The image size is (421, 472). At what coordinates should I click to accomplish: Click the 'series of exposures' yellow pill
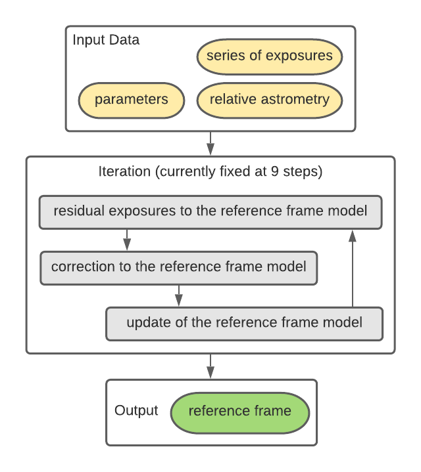click(269, 56)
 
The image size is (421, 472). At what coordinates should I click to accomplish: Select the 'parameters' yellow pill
click(131, 100)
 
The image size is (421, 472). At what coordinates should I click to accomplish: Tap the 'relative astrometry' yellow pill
click(269, 100)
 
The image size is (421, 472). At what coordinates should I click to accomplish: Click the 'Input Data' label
click(106, 39)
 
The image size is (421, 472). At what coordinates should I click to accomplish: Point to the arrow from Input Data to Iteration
click(210, 142)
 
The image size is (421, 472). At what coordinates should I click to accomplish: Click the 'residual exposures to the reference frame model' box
click(210, 211)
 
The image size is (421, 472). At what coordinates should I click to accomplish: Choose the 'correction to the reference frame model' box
click(178, 267)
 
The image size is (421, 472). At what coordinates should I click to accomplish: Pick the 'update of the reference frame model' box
click(244, 323)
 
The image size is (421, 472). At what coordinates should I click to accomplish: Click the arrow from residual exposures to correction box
click(127, 239)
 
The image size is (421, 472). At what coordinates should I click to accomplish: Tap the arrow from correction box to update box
click(178, 295)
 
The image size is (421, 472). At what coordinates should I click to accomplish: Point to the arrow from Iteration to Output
click(210, 365)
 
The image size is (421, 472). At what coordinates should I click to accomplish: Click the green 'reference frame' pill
click(239, 412)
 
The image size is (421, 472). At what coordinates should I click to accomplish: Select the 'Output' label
click(136, 411)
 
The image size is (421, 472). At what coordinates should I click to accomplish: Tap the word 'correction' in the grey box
click(80, 267)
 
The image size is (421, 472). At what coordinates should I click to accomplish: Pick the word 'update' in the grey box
click(145, 323)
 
